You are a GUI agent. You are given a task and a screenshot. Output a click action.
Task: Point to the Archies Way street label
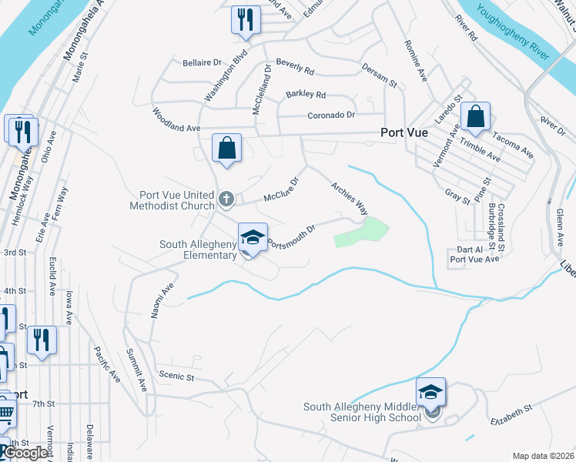(x=349, y=198)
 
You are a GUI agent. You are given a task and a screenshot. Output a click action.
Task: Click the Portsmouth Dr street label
(x=292, y=236)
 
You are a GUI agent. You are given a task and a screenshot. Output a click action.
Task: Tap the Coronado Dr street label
(x=330, y=115)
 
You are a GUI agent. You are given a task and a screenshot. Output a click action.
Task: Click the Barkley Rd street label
(x=306, y=95)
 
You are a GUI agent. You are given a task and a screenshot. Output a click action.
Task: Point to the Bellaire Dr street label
(x=202, y=62)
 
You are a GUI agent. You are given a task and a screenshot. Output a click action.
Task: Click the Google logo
(x=27, y=453)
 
